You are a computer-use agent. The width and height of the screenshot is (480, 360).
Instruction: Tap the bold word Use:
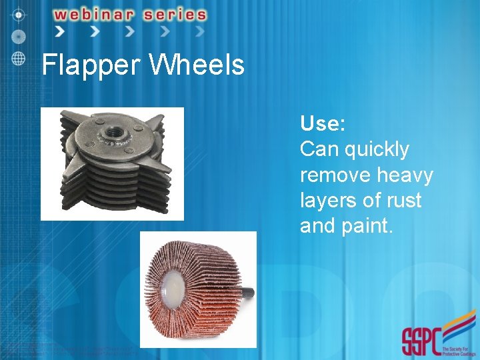pyautogui.click(x=322, y=123)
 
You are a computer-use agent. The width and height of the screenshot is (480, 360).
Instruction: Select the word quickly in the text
pyautogui.click(x=377, y=149)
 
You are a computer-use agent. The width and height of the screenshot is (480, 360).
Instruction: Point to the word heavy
pyautogui.click(x=405, y=175)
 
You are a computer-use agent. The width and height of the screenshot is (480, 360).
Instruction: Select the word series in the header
pyautogui.click(x=175, y=14)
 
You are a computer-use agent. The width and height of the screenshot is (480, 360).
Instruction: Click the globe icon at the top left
pyautogui.click(x=19, y=58)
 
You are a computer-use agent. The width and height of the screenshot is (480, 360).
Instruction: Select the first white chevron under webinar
pyautogui.click(x=61, y=31)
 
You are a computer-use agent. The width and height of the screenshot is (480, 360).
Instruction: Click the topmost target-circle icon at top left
pyautogui.click(x=19, y=14)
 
